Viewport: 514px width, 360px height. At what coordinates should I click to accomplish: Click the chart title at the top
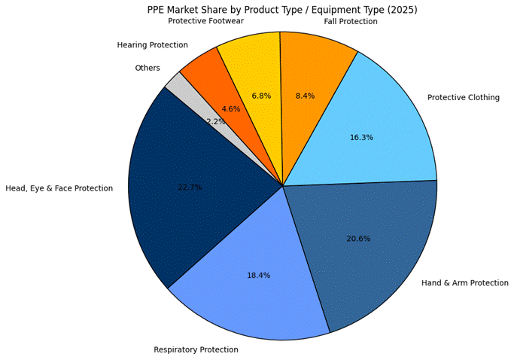[282, 10]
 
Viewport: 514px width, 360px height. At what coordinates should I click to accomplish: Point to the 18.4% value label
[258, 276]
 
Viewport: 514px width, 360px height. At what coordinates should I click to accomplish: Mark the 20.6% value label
[358, 239]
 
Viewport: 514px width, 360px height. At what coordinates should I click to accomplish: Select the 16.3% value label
[361, 138]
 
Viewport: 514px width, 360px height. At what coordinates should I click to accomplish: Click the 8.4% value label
[305, 96]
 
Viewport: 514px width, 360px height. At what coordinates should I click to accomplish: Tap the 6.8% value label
[261, 96]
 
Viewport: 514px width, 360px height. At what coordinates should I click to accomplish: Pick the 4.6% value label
[231, 109]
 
